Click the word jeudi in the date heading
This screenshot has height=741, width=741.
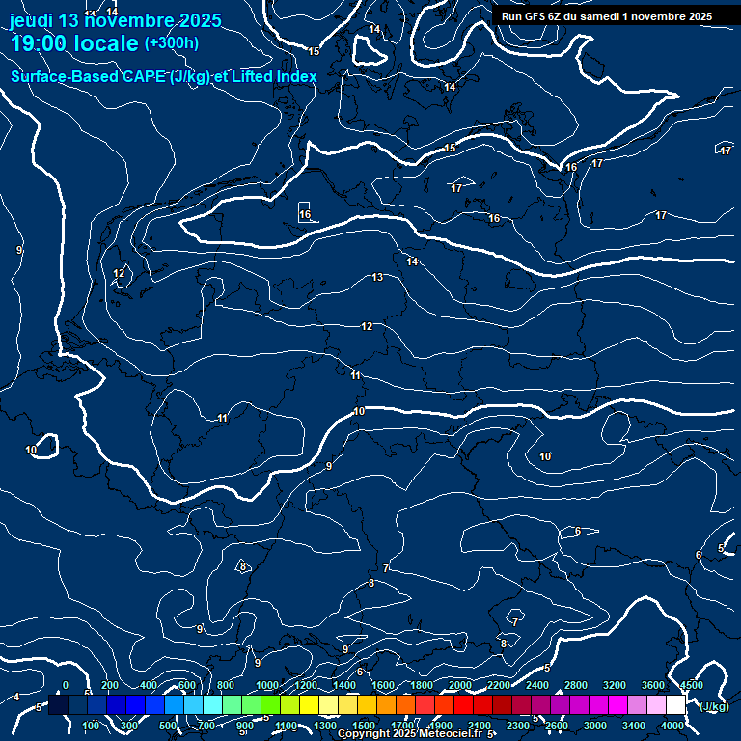(32, 20)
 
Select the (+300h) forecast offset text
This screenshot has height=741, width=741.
(171, 43)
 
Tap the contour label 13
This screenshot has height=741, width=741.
(377, 278)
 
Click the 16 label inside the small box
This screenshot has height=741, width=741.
(305, 214)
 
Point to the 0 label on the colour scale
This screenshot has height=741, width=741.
(66, 685)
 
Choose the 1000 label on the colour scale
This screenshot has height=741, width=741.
(266, 685)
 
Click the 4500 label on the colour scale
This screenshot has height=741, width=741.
(691, 685)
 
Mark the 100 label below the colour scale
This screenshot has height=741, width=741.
(92, 726)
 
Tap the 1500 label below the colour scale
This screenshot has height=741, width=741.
(364, 726)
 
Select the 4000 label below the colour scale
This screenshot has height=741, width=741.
(672, 726)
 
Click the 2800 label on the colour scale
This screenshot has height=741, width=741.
(575, 685)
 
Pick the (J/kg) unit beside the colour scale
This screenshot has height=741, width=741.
(713, 706)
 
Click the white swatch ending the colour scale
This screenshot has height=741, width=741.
(675, 705)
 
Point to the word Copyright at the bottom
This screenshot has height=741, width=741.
(364, 734)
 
